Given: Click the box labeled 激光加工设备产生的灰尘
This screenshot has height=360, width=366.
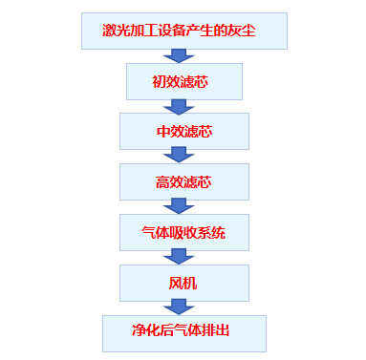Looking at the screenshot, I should point(183,32).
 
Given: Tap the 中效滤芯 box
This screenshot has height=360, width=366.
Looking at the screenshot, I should point(183,132).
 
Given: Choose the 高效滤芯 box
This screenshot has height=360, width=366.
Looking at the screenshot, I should point(183,181).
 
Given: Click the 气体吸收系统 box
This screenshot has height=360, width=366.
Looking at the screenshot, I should point(183,232).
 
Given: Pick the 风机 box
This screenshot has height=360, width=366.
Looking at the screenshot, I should point(183,283).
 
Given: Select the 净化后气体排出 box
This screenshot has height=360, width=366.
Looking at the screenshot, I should point(183,332).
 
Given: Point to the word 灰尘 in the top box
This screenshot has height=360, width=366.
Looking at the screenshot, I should point(250,32).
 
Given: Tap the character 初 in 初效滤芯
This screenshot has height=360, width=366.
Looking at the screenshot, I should point(159,82).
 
